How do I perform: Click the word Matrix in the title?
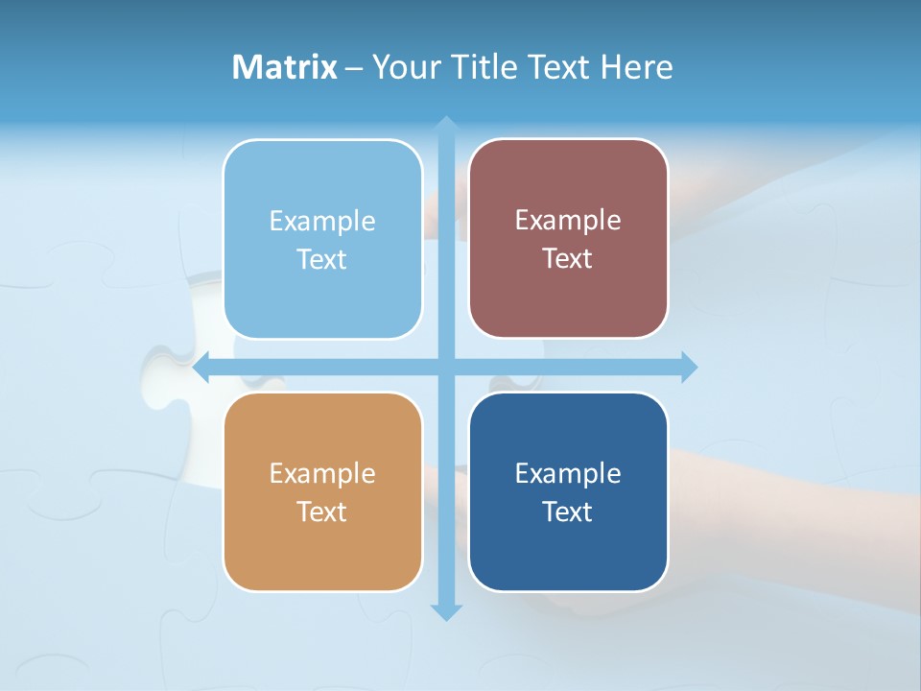[x=285, y=67]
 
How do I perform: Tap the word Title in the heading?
[x=484, y=67]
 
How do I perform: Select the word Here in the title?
[x=638, y=67]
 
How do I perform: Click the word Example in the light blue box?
[x=322, y=222]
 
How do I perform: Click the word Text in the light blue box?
[x=322, y=260]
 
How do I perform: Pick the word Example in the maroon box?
[x=568, y=221]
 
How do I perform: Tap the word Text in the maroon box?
[x=568, y=259]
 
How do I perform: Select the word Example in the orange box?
[x=322, y=474]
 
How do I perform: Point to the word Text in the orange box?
[x=322, y=512]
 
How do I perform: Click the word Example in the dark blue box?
[x=568, y=474]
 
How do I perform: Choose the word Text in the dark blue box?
[x=568, y=512]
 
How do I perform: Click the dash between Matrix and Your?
[x=354, y=68]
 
